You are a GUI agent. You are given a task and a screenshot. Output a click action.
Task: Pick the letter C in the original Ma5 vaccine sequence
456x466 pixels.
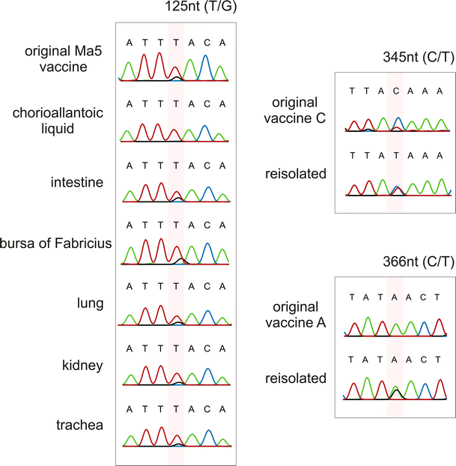(x=207, y=43)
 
